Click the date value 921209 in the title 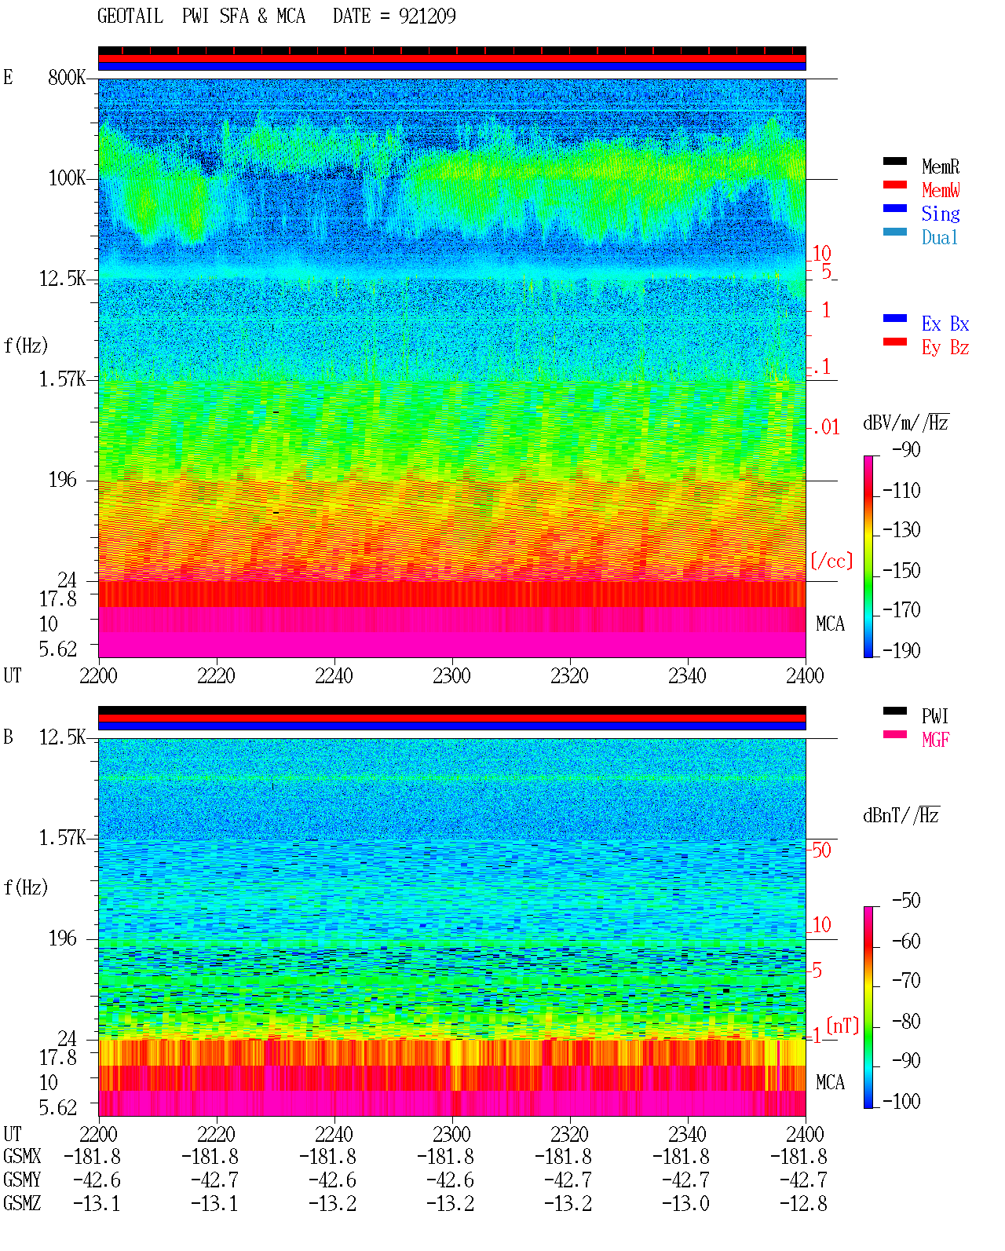pyautogui.click(x=427, y=16)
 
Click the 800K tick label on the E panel pyautogui.click(x=67, y=77)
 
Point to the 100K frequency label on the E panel pyautogui.click(x=67, y=178)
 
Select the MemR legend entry pyautogui.click(x=941, y=166)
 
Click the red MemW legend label pyautogui.click(x=941, y=190)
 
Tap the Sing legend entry pyautogui.click(x=941, y=214)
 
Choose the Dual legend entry pyautogui.click(x=940, y=237)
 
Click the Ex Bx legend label pyautogui.click(x=945, y=324)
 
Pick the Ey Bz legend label pyautogui.click(x=945, y=348)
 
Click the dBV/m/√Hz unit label pyautogui.click(x=906, y=422)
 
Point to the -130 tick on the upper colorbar pyautogui.click(x=901, y=530)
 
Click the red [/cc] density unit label pyautogui.click(x=831, y=561)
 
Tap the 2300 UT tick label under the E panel pyautogui.click(x=451, y=676)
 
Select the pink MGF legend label pyautogui.click(x=936, y=740)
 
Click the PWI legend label pyautogui.click(x=935, y=716)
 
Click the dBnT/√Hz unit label pyautogui.click(x=901, y=816)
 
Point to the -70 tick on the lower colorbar pyautogui.click(x=906, y=981)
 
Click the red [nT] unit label pyautogui.click(x=842, y=1026)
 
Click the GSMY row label pyautogui.click(x=22, y=1180)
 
